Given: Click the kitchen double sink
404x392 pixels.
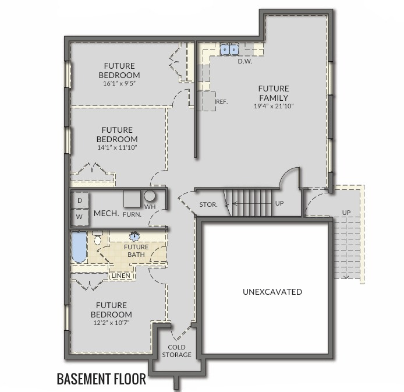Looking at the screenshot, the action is click(x=229, y=49).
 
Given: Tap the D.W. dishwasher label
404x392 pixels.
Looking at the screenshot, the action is click(x=244, y=61).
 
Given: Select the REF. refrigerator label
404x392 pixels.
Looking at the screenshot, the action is click(x=222, y=102).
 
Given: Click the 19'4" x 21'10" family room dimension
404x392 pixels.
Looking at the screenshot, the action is click(x=274, y=106).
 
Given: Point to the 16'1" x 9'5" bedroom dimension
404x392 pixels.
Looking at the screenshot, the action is click(x=119, y=83).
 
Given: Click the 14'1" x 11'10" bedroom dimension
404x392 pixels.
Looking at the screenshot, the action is click(x=117, y=147).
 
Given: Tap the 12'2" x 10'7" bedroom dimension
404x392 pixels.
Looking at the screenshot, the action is click(x=111, y=323).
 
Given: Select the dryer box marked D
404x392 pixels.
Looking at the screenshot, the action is click(x=80, y=200).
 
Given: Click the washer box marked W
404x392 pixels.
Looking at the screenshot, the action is click(x=80, y=217).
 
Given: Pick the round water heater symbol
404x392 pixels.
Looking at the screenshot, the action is click(x=150, y=196).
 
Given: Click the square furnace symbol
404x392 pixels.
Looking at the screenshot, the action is click(x=132, y=199).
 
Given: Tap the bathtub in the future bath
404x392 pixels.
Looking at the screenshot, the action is click(x=79, y=247).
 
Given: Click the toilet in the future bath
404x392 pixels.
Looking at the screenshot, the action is click(x=97, y=238).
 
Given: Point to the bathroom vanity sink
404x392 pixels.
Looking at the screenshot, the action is click(x=134, y=235).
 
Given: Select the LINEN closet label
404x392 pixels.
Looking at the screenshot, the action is click(x=121, y=276).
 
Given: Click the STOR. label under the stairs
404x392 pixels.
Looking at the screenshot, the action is click(x=208, y=204).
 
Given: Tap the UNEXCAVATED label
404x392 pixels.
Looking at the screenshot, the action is click(x=272, y=292).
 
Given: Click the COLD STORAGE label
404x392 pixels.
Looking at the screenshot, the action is click(x=176, y=351).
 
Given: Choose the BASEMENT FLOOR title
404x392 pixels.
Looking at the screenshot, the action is click(x=101, y=379).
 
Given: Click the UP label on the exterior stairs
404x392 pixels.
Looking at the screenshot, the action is click(x=346, y=213).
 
